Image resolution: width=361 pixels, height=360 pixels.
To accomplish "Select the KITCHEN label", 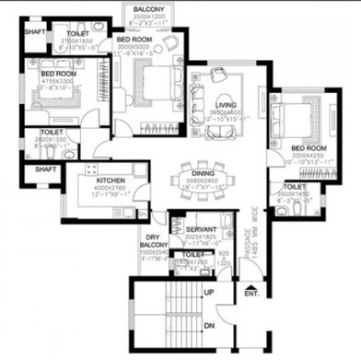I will coord(111,181).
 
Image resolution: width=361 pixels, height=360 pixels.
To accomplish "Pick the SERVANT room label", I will coord(200,228).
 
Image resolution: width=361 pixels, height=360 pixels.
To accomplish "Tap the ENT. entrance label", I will coord(250,294).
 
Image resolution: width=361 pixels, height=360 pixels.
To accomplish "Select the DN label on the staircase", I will coord(210,325).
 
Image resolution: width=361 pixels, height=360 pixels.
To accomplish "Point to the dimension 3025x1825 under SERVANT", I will coord(200,237).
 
